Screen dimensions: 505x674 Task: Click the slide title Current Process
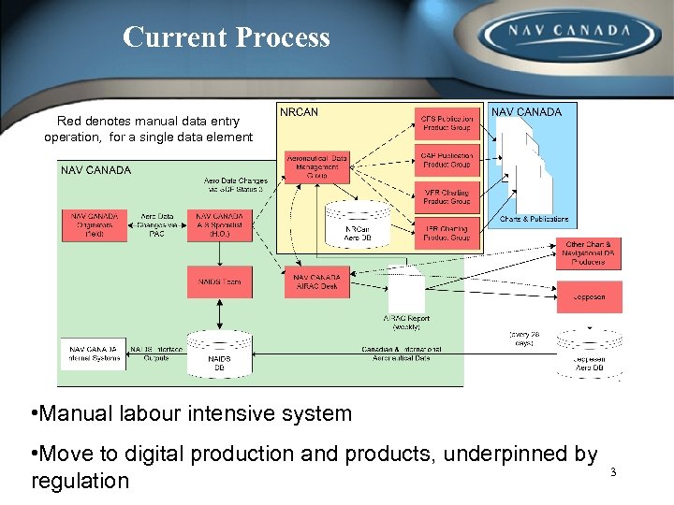[226, 37]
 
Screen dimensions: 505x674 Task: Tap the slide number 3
[613, 471]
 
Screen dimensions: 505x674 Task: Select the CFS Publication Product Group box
[447, 123]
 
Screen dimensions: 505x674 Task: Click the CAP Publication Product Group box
[447, 160]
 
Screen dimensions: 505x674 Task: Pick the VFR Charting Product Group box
[447, 196]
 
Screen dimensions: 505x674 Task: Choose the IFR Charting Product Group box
[447, 233]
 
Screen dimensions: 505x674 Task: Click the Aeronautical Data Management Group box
[316, 166]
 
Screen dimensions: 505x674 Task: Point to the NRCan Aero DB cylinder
[357, 226]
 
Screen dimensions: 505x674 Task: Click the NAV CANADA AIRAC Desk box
[316, 282]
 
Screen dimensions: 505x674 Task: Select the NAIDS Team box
[220, 282]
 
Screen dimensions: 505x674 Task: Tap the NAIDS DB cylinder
[220, 355]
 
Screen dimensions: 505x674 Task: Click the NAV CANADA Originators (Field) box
[94, 225]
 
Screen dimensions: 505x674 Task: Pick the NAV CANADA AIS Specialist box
[220, 225]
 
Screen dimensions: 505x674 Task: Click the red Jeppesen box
[589, 297]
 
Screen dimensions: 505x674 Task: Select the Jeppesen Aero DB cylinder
[589, 353]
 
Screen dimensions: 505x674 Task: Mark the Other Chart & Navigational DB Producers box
[589, 253]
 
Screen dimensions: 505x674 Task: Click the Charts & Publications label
[534, 219]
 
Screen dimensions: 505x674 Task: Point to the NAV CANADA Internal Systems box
[93, 353]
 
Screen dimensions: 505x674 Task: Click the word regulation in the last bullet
[80, 481]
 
